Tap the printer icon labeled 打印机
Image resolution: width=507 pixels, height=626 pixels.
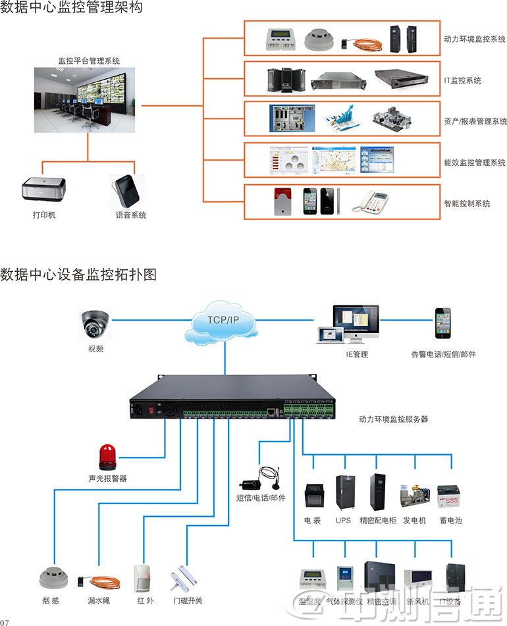point(44,189)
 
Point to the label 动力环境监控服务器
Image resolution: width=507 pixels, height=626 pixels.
point(393,419)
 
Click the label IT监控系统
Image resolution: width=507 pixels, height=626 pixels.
point(462,80)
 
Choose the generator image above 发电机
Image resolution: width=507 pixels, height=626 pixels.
point(415,496)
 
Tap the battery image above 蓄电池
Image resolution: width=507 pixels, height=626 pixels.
point(448,497)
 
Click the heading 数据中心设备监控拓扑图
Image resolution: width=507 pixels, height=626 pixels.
point(79,274)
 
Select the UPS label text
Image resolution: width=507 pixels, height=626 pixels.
point(343,521)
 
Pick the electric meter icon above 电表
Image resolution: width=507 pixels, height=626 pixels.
point(312,495)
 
